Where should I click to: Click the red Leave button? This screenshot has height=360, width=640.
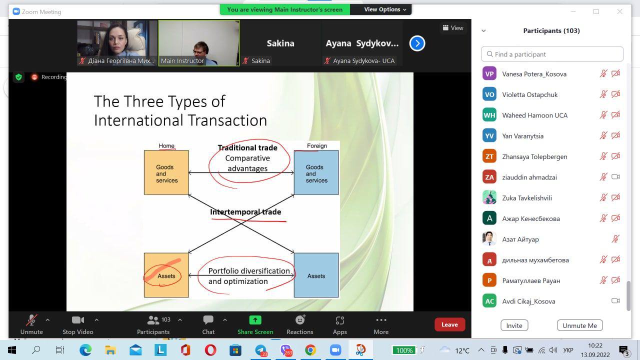pyautogui.click(x=449, y=324)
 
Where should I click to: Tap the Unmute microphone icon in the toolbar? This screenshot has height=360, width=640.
pyautogui.click(x=31, y=320)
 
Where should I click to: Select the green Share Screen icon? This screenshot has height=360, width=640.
pyautogui.click(x=255, y=320)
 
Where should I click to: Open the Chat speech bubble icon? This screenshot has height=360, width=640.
pyautogui.click(x=208, y=319)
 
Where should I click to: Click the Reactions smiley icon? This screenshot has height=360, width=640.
pyautogui.click(x=300, y=319)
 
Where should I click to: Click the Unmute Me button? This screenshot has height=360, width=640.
pyautogui.click(x=579, y=325)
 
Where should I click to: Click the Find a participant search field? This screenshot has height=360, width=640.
pyautogui.click(x=552, y=54)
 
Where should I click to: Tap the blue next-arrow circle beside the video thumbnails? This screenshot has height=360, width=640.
pyautogui.click(x=417, y=43)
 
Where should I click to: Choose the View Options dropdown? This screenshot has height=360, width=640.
pyautogui.click(x=385, y=9)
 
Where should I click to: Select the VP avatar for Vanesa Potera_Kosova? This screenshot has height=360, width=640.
pyautogui.click(x=489, y=73)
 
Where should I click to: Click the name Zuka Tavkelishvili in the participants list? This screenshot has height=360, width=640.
pyautogui.click(x=527, y=198)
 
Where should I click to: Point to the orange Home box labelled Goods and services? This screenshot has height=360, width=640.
pyautogui.click(x=166, y=172)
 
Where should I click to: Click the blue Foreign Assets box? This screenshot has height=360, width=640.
pyautogui.click(x=316, y=275)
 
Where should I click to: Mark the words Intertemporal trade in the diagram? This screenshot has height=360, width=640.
pyautogui.click(x=245, y=212)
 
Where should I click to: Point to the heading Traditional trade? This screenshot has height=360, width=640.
pyautogui.click(x=247, y=147)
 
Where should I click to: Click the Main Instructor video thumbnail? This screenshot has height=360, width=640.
pyautogui.click(x=199, y=43)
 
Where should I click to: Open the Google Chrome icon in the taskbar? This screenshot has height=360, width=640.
pyautogui.click(x=310, y=350)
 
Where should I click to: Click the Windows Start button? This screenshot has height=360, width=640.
pyautogui.click(x=12, y=350)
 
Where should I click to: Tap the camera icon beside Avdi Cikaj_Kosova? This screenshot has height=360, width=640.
pyautogui.click(x=615, y=301)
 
